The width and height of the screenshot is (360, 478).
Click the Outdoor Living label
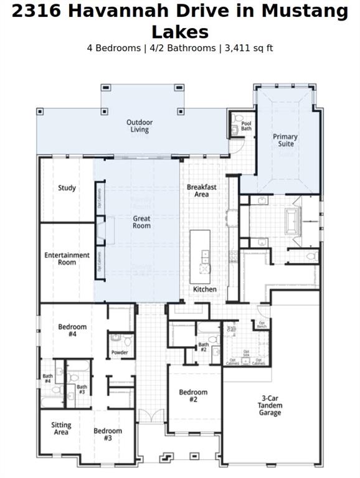140,126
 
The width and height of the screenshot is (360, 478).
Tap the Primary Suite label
285,140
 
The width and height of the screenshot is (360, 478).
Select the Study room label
67,188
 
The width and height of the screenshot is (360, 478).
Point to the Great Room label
141,222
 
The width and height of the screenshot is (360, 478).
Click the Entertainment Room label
67,258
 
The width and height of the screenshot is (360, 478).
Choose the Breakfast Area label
202,190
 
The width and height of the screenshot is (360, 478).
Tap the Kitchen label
204,289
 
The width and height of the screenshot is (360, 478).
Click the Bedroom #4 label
72,330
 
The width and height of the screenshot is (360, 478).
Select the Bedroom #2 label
193,396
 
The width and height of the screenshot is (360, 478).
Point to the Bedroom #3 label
108,434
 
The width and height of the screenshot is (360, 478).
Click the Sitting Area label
61,429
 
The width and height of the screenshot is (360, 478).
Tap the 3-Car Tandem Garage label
270,405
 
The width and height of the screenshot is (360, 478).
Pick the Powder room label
120,352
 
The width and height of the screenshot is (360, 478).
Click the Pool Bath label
246,126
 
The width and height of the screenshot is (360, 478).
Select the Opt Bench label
262,324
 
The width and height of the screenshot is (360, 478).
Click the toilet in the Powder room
127,340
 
